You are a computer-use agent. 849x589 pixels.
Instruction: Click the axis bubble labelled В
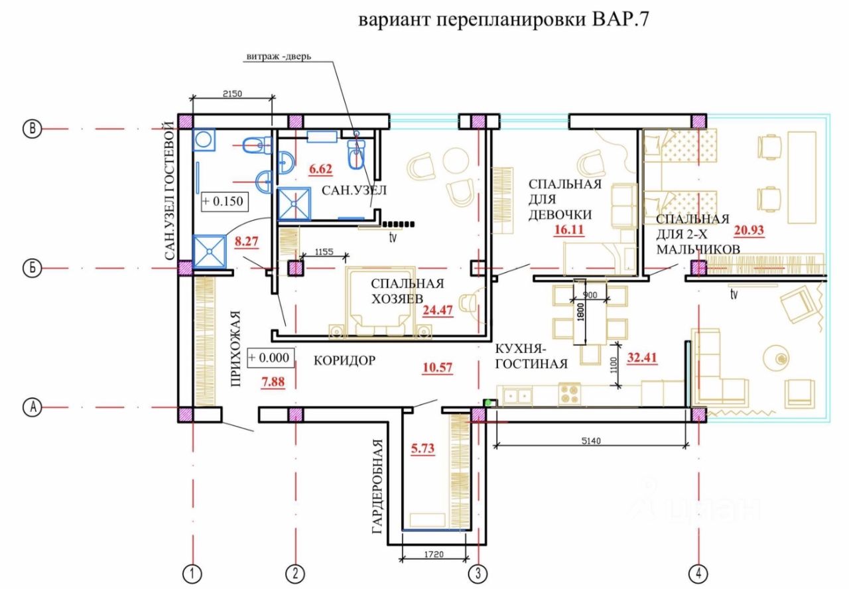[x=31, y=129]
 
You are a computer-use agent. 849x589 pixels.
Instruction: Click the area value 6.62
[x=321, y=169]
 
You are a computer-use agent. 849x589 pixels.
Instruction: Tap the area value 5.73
[x=423, y=448]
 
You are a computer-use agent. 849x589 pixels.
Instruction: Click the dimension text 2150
[x=232, y=94]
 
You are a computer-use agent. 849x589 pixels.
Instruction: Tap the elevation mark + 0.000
[x=269, y=358]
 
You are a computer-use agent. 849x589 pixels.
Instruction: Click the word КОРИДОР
[x=345, y=361]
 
